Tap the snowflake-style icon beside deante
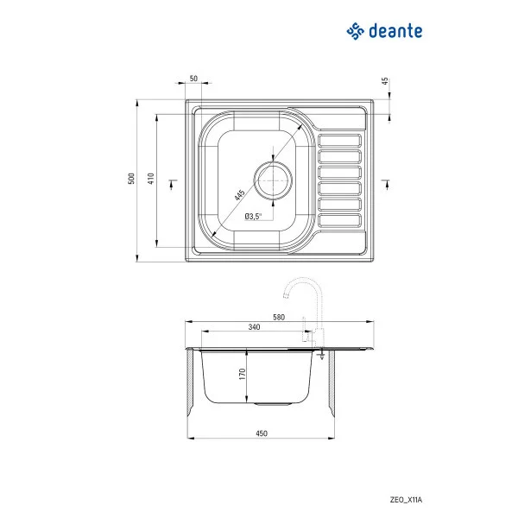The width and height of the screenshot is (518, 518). (356, 32)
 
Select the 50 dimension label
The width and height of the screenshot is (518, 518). (193, 79)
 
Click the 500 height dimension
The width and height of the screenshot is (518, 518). (131, 179)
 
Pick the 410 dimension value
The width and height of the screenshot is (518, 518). (150, 179)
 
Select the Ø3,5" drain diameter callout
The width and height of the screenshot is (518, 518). (253, 216)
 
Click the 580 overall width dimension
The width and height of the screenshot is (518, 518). (279, 317)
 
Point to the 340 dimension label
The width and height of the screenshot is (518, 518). (254, 327)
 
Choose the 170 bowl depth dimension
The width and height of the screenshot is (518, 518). (243, 375)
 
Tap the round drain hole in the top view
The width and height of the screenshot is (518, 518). (273, 181)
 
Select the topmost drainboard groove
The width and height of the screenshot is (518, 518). (340, 140)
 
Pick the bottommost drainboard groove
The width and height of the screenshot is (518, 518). (340, 220)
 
